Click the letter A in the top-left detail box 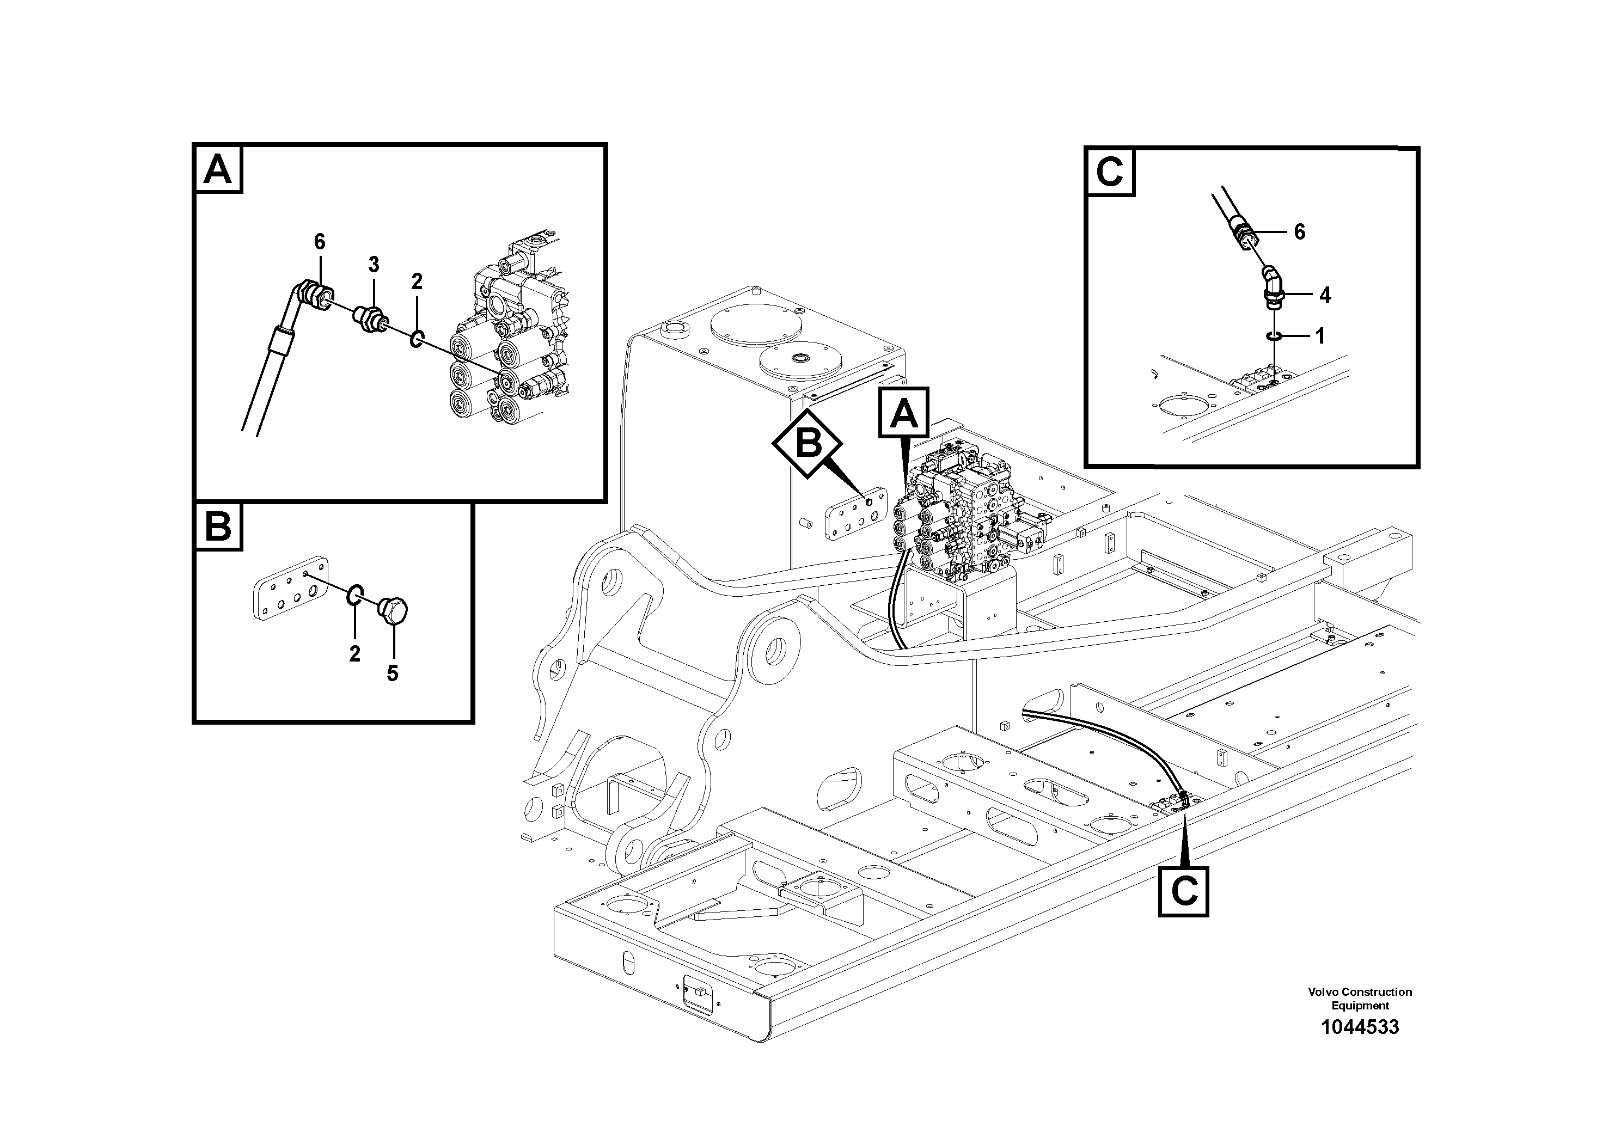click(217, 169)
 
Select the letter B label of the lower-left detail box click(217, 526)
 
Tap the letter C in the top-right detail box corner click(1110, 172)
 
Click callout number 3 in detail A click(374, 265)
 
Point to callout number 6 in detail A click(320, 242)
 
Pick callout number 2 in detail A click(417, 281)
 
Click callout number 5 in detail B click(393, 673)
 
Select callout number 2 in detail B click(354, 654)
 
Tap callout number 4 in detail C click(1325, 295)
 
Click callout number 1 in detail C click(1319, 336)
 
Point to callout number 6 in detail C click(1300, 231)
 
